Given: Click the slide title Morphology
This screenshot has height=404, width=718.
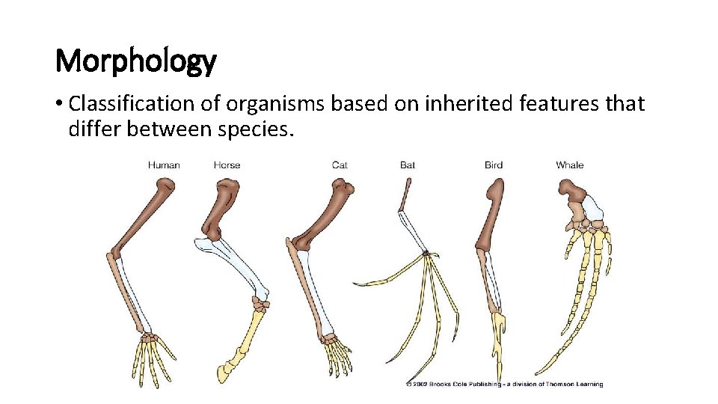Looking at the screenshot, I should tap(136, 61).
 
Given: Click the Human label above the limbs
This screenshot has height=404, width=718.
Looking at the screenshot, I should tap(164, 165).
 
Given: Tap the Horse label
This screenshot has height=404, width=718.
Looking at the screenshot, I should tap(227, 165).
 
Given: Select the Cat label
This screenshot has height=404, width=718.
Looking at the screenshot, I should tap(340, 165).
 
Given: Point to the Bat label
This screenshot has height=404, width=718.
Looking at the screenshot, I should tap(408, 165).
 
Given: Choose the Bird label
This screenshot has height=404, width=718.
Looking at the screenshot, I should tap(494, 165).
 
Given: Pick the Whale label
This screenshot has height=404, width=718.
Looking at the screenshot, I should tap(570, 165).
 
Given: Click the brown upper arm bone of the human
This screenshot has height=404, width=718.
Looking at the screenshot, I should tap(146, 218).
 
